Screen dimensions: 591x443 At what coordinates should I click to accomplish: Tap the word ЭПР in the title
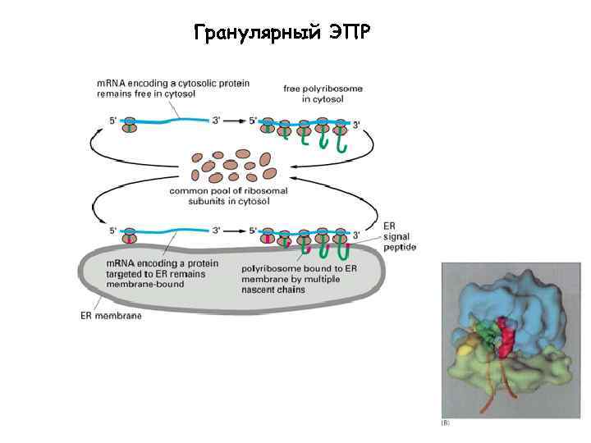[x=349, y=34]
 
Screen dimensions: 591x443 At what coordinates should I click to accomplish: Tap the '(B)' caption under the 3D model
[x=446, y=424]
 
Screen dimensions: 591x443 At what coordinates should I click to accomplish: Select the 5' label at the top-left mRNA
[x=113, y=121]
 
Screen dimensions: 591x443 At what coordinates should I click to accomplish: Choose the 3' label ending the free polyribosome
[x=356, y=124]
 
